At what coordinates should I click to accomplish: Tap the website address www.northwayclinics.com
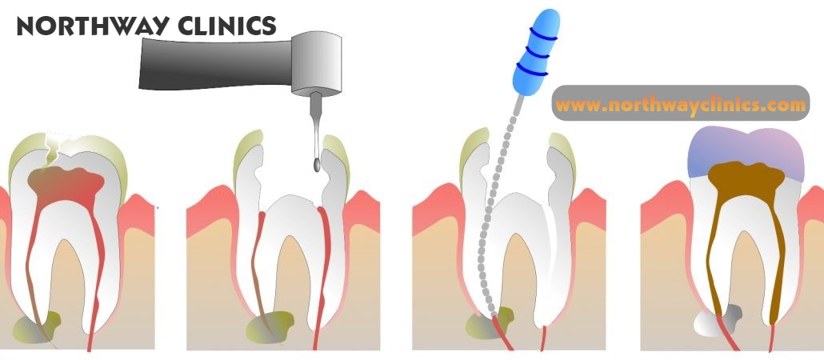(x=681, y=105)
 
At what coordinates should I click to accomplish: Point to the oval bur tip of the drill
(x=318, y=165)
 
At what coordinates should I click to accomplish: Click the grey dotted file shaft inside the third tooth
(x=492, y=216)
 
